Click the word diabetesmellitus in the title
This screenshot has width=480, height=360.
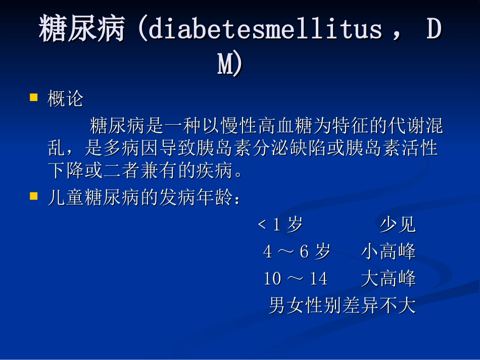click(x=265, y=29)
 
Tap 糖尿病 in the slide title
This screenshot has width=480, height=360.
click(x=82, y=28)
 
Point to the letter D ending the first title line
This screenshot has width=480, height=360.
click(x=434, y=29)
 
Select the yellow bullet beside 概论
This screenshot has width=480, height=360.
click(x=34, y=97)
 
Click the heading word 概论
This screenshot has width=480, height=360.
click(x=65, y=98)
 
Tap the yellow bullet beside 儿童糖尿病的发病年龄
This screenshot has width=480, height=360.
click(x=34, y=196)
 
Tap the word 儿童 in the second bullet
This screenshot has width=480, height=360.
click(x=66, y=197)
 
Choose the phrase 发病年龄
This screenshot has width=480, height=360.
click(x=196, y=197)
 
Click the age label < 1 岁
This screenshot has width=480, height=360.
click(x=280, y=224)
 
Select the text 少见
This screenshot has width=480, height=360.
click(x=398, y=224)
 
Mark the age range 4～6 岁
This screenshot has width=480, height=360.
click(x=297, y=251)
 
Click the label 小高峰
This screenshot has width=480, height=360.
click(x=389, y=251)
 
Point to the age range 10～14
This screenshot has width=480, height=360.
click(x=296, y=278)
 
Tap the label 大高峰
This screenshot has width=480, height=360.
click(x=389, y=278)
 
